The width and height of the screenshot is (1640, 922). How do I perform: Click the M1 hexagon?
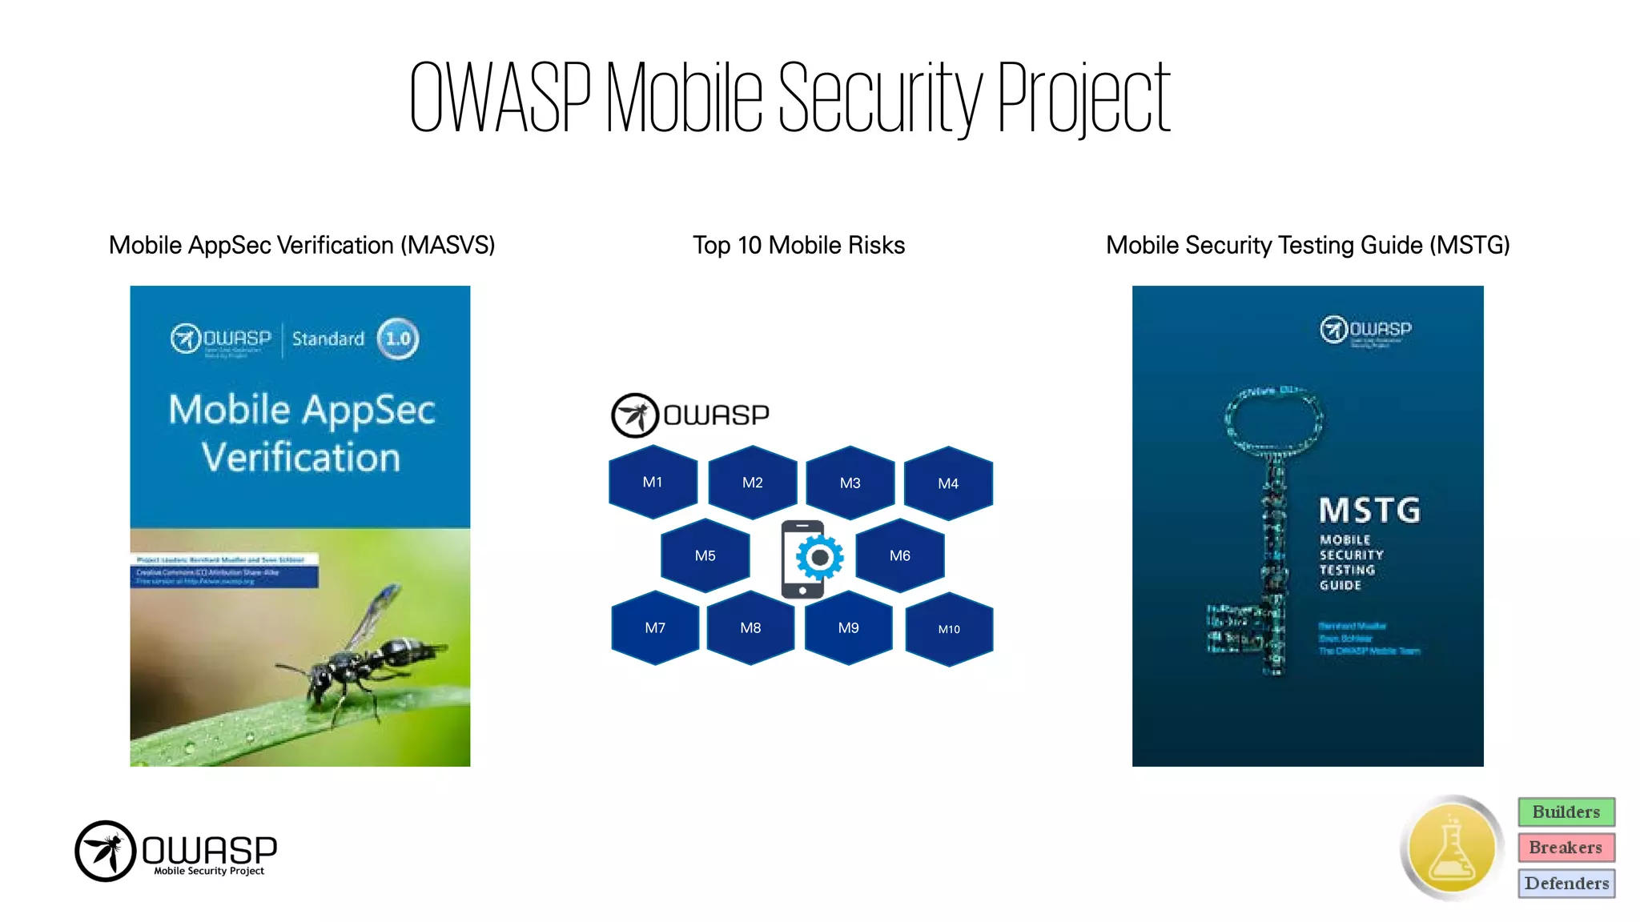(653, 482)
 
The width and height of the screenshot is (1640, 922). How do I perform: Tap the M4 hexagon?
(948, 483)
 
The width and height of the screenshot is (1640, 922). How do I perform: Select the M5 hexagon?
(705, 555)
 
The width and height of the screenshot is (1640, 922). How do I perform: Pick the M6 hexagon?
(900, 555)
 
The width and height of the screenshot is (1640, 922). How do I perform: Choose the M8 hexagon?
(750, 628)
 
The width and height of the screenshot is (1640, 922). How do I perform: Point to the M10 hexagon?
(949, 629)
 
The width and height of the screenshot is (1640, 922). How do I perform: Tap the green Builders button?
(1566, 812)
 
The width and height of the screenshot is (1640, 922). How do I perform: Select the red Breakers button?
(1566, 848)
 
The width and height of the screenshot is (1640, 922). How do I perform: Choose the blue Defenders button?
(1566, 884)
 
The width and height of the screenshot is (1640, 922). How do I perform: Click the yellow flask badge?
(1451, 848)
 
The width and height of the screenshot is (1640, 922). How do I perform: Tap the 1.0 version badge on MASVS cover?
(398, 339)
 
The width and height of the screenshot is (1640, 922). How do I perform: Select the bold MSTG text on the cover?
(1369, 510)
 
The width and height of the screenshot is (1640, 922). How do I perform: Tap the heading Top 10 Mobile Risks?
(798, 245)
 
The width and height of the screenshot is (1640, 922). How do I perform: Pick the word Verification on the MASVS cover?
(300, 458)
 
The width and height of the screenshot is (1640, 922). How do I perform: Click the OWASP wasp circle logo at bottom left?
(105, 851)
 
